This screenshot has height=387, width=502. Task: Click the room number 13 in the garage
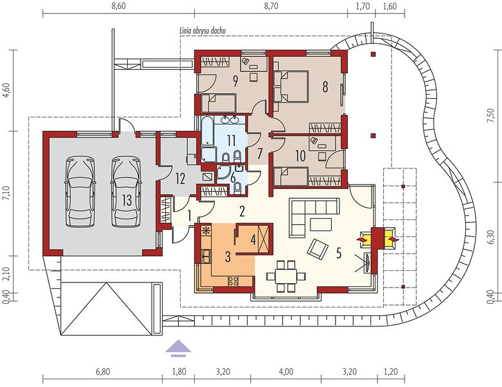click(126, 201)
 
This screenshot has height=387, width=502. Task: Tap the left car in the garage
click(81, 192)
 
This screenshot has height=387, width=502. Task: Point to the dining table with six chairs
click(286, 276)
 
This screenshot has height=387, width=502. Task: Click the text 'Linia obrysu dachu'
click(202, 31)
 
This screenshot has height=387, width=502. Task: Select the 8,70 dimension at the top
click(271, 6)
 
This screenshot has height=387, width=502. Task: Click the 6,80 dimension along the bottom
click(103, 372)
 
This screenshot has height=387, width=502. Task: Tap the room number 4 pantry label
click(253, 240)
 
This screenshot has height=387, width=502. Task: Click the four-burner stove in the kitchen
click(233, 281)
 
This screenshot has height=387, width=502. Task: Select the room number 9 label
click(236, 81)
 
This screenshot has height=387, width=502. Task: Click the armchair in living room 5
click(318, 248)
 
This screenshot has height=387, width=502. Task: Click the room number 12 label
click(180, 179)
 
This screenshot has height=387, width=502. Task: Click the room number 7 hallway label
click(259, 154)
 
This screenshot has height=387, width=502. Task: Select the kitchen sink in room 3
click(206, 255)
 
